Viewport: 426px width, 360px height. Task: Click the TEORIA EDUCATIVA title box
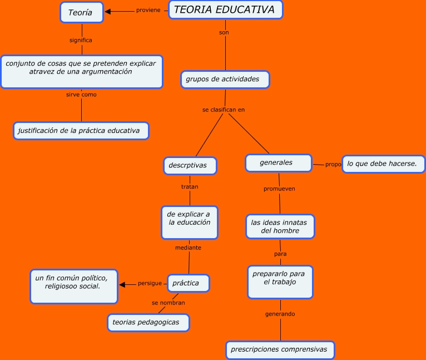[225, 10]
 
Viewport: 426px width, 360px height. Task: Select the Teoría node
[81, 12]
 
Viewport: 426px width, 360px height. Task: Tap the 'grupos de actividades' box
[225, 80]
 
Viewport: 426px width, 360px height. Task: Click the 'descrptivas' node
[190, 166]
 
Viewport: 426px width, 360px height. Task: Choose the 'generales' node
[278, 162]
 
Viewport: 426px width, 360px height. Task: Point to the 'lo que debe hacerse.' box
[383, 164]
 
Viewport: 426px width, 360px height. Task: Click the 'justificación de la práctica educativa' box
[81, 131]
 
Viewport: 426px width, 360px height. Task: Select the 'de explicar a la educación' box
[189, 223]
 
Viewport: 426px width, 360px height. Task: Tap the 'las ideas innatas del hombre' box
[280, 226]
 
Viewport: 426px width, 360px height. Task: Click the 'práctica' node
[188, 283]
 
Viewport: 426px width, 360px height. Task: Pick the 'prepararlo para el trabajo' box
[280, 282]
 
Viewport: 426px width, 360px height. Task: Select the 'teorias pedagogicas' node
[148, 323]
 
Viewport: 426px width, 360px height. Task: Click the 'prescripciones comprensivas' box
[280, 350]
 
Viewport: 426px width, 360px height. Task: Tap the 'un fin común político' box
[74, 286]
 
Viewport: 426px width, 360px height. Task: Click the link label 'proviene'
[148, 10]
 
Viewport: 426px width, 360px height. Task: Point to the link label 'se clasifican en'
[224, 110]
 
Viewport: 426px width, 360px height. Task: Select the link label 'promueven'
[279, 189]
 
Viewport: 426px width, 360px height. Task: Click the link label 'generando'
[280, 314]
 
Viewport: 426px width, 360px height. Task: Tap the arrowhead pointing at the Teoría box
[108, 11]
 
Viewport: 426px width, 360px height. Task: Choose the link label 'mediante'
[188, 248]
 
